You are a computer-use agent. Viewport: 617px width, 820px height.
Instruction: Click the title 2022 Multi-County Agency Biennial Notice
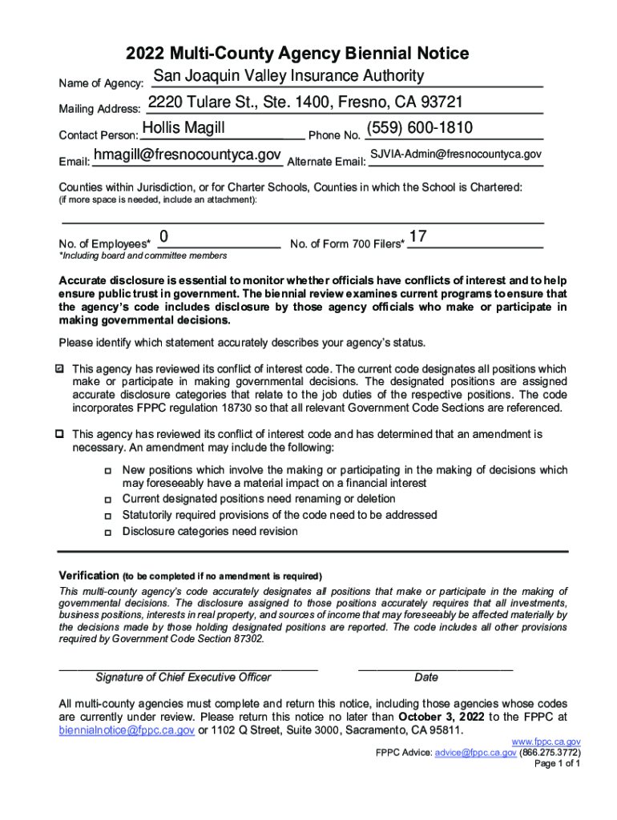point(297,54)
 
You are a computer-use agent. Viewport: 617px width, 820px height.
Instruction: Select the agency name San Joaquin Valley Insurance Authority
point(288,76)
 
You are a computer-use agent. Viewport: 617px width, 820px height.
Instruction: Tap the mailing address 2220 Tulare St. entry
point(305,102)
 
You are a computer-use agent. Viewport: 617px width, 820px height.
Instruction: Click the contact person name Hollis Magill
point(183,129)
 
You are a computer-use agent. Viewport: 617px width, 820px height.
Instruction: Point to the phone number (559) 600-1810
point(419,129)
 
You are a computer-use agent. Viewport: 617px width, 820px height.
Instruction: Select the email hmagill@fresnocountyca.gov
point(188,154)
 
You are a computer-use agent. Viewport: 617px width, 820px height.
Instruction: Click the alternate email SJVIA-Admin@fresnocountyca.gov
point(456,154)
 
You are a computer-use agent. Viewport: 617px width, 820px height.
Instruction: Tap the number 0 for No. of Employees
point(163,236)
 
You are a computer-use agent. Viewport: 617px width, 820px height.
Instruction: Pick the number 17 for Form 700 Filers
point(417,236)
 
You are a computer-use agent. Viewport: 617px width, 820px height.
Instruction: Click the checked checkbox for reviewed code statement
point(59,369)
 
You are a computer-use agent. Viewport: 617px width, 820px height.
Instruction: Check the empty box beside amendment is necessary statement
point(59,434)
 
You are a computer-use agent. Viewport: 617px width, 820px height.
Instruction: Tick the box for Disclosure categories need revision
point(107,532)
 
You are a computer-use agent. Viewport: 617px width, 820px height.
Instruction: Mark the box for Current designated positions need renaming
point(107,500)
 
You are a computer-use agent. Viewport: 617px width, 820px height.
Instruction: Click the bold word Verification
point(88,576)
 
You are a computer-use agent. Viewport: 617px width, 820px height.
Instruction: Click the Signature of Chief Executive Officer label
point(183,677)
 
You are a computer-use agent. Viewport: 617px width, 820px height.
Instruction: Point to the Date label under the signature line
point(426,677)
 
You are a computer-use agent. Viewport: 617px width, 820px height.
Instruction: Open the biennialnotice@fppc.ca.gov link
point(127,731)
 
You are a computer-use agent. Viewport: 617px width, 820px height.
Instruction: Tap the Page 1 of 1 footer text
point(558,763)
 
